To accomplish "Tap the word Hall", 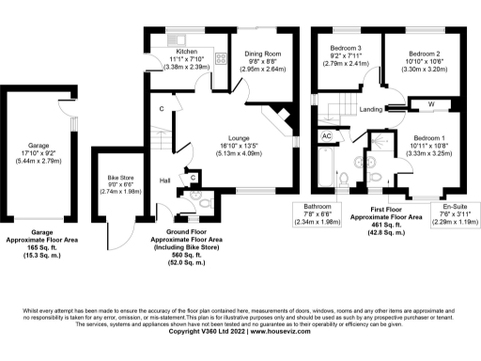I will pyautogui.click(x=164, y=180).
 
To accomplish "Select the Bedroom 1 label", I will pyautogui.click(x=432, y=138).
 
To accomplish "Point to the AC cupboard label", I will pyautogui.click(x=327, y=136).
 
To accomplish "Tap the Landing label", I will pyautogui.click(x=371, y=109).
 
